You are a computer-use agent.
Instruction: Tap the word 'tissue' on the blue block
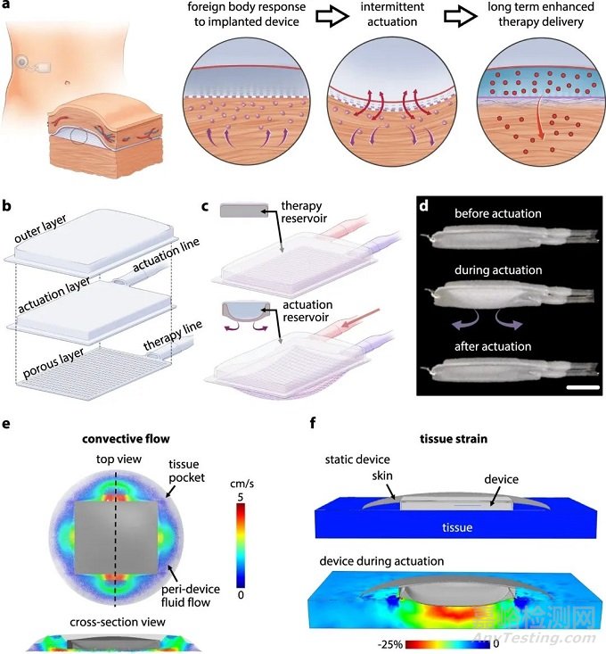(x=457, y=527)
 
